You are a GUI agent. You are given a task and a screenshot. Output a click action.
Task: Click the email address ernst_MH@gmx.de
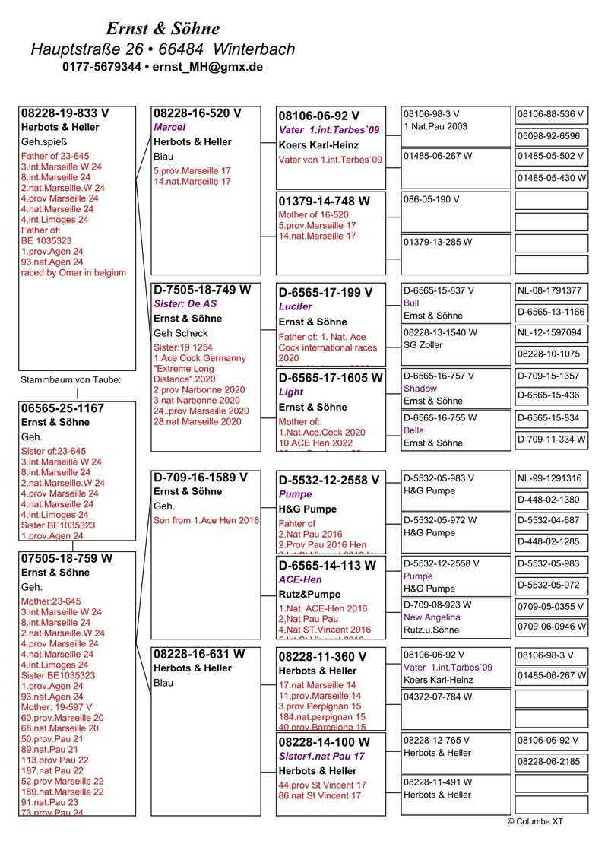[x=207, y=67]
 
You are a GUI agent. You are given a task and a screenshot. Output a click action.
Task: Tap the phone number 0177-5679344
[x=102, y=67]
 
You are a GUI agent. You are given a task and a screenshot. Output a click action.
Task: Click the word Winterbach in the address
[x=255, y=49]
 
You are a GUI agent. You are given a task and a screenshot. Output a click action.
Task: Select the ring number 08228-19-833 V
[x=65, y=113]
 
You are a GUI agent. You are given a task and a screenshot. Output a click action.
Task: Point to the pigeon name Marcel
[x=169, y=128]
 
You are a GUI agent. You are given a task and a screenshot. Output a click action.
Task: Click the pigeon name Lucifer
[x=296, y=306]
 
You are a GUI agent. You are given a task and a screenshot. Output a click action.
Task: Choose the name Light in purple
[x=290, y=392]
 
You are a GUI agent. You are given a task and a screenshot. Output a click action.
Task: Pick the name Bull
[x=412, y=303]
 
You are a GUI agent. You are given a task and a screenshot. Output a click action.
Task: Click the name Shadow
[x=420, y=389]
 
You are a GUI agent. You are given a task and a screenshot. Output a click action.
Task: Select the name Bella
[x=414, y=430]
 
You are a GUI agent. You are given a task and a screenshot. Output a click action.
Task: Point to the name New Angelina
[x=432, y=617]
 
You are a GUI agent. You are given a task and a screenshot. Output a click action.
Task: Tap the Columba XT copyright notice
[x=535, y=821]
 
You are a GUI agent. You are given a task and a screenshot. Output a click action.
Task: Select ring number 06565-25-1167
[x=62, y=408]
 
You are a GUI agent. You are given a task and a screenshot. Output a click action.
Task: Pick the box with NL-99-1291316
[x=551, y=479]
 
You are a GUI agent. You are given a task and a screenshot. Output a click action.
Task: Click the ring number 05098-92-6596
[x=551, y=137]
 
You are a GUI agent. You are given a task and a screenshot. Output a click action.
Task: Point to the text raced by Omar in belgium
[x=74, y=272]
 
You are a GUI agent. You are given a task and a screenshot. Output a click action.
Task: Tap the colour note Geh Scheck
[x=181, y=333]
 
